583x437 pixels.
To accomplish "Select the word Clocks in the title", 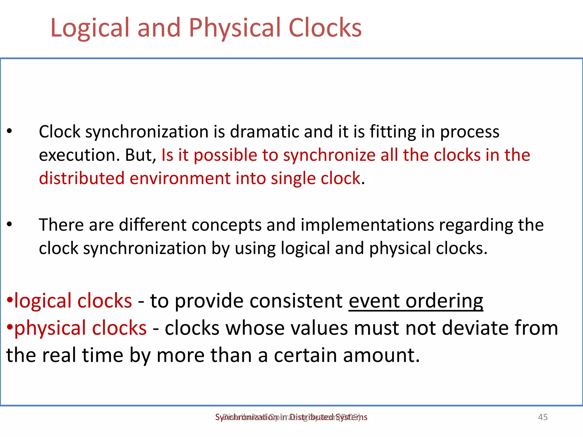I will pyautogui.click(x=325, y=28).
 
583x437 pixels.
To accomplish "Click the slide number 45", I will pyautogui.click(x=543, y=417).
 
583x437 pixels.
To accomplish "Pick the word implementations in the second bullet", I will pyautogui.click(x=367, y=225).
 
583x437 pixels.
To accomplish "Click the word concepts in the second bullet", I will pyautogui.click(x=226, y=225).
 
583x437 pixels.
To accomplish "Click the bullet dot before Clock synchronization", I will pyautogui.click(x=10, y=131).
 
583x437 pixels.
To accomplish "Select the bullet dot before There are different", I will pyautogui.click(x=10, y=224).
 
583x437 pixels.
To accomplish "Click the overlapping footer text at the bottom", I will pyautogui.click(x=291, y=417).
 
